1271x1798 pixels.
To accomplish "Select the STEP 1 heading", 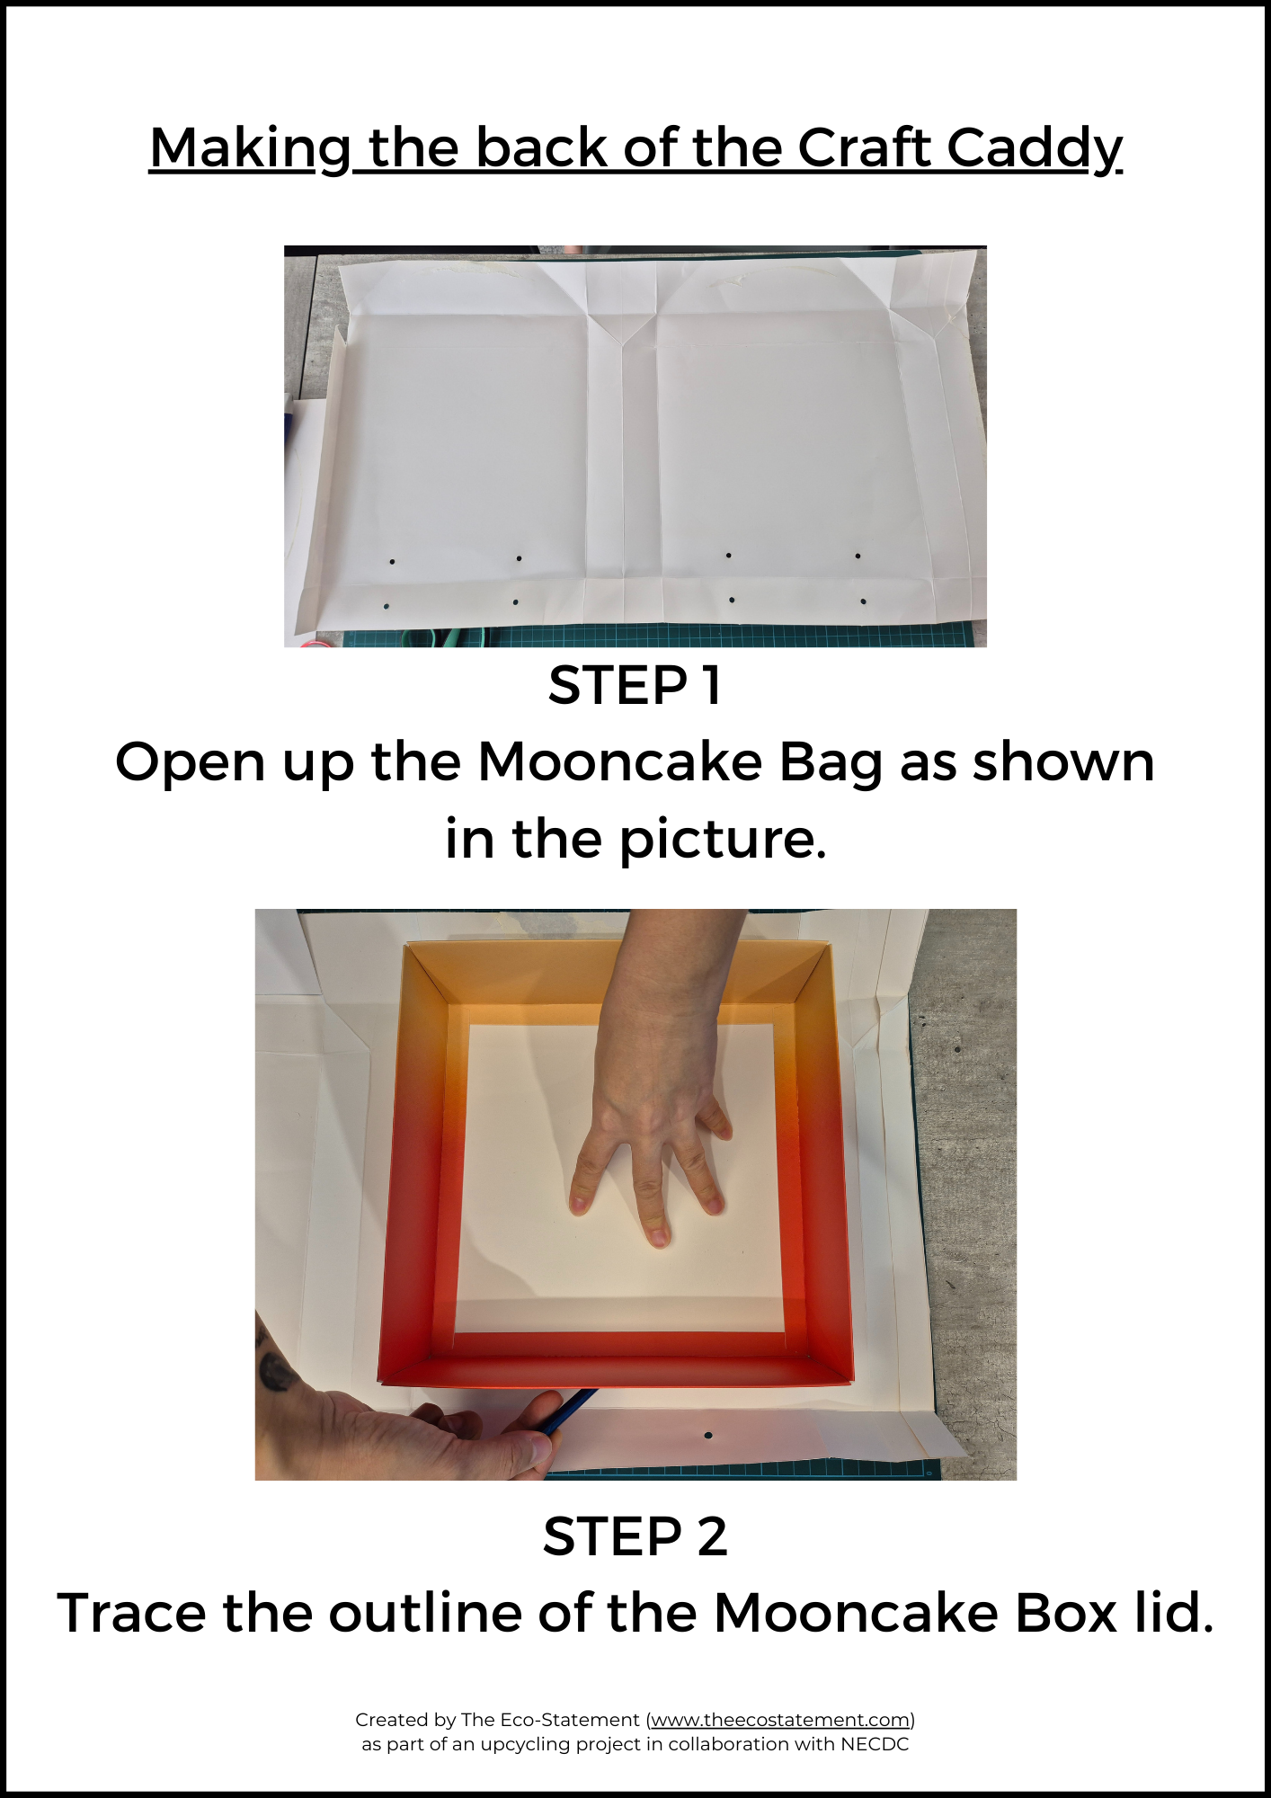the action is coord(635,686).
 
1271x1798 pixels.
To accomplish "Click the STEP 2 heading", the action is coord(635,1536).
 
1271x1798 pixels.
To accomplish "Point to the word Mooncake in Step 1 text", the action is coord(620,762).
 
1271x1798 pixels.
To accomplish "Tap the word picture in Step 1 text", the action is coord(722,841).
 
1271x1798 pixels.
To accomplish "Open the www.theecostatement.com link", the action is coord(780,1720).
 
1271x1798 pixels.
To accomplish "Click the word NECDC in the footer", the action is coord(875,1744).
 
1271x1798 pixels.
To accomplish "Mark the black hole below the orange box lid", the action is coord(708,1436).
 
